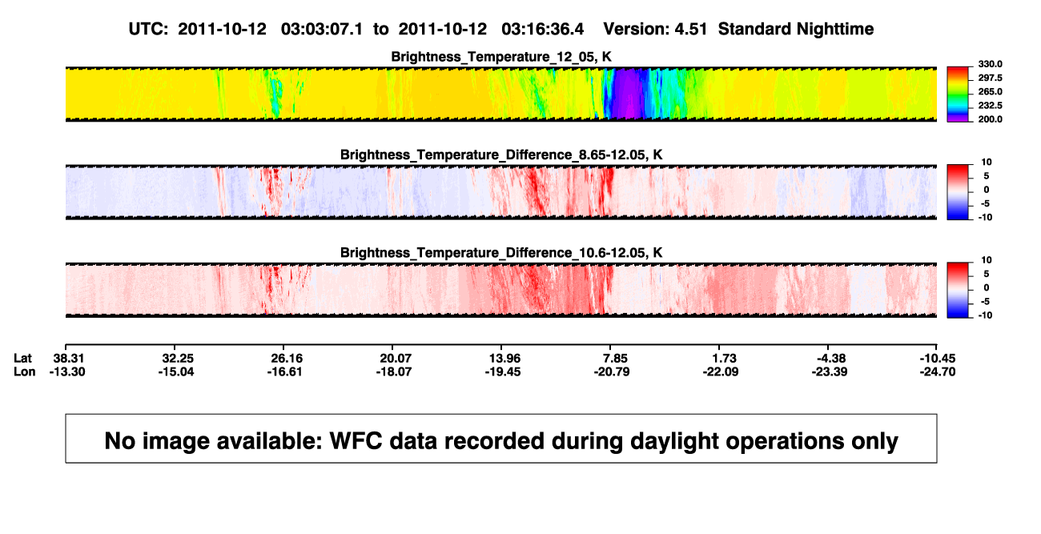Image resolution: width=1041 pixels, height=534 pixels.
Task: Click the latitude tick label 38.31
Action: [68, 359]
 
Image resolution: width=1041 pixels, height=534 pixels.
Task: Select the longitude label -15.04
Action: [176, 371]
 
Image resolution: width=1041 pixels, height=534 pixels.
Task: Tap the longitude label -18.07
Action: [394, 371]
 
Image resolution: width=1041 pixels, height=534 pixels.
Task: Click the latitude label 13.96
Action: [504, 359]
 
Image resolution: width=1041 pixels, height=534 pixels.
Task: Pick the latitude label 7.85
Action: [615, 359]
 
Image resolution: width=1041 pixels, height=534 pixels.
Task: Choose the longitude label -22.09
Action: [721, 371]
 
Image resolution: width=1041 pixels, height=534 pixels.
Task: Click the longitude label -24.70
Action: [938, 371]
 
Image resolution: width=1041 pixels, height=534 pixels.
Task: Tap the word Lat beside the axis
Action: [22, 359]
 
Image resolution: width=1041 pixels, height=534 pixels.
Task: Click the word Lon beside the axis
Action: [25, 371]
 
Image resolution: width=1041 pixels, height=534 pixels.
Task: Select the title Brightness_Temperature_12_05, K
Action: [501, 57]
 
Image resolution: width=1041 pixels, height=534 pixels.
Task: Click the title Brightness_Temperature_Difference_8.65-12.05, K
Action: [501, 155]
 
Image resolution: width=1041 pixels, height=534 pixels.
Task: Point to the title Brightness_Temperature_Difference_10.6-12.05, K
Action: [501, 253]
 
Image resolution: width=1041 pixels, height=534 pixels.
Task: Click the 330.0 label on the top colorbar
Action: [990, 64]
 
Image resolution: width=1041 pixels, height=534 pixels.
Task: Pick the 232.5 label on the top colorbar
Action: [990, 106]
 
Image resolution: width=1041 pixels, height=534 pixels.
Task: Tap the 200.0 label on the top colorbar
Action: [990, 119]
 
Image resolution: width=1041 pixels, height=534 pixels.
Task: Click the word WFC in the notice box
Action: [356, 441]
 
